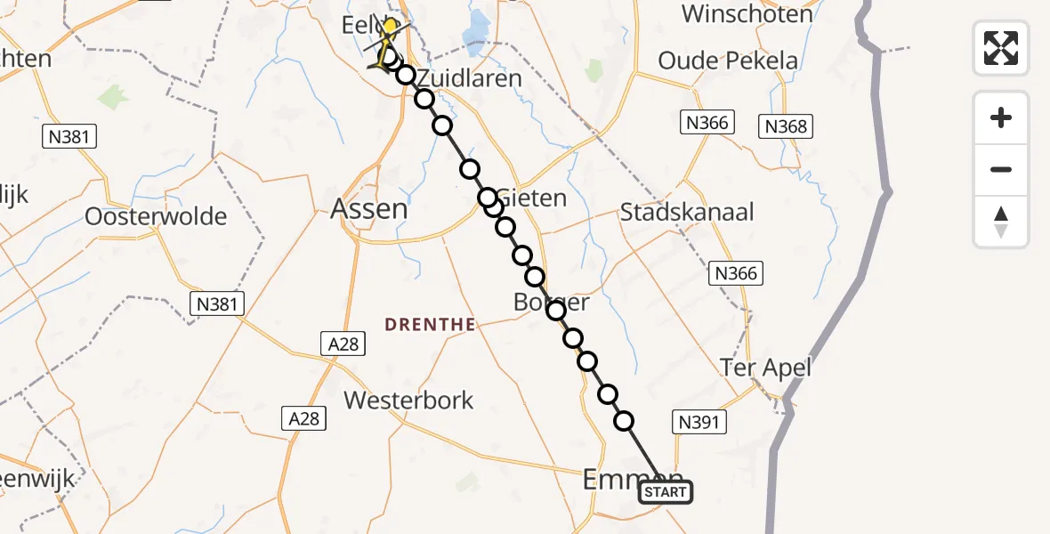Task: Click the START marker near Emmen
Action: point(665,492)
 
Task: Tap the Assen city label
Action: point(369,209)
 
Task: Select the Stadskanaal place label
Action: point(687,213)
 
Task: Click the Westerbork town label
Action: point(409,400)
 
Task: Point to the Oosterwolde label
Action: point(156,216)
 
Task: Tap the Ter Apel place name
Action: point(766,368)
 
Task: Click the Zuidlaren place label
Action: point(469,77)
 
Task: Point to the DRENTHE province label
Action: point(431,325)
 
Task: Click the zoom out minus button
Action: point(1001,169)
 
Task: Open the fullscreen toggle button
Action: point(1001,47)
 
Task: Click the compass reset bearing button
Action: point(1001,222)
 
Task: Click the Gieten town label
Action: point(533,198)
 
